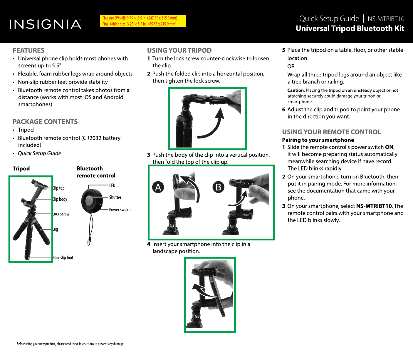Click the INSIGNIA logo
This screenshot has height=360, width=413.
(x=46, y=24)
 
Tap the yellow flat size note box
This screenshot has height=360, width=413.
(x=143, y=21)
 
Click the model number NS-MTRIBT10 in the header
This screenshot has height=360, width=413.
(x=386, y=19)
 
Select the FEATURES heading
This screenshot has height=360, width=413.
(x=28, y=50)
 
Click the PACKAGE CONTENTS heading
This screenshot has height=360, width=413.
(x=45, y=122)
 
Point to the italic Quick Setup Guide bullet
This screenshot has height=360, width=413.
(x=39, y=153)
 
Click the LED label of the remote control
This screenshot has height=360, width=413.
(x=112, y=185)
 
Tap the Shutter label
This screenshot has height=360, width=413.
(x=115, y=197)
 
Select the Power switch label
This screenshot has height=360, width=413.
(x=120, y=210)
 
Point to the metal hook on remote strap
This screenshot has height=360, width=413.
(x=89, y=242)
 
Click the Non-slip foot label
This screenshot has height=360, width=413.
(x=63, y=257)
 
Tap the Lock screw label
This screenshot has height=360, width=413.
(x=62, y=214)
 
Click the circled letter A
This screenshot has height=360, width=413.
(x=158, y=187)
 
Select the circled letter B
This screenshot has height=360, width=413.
(x=218, y=187)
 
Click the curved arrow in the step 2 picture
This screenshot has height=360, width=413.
(x=213, y=124)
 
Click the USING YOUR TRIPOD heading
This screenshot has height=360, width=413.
(x=179, y=50)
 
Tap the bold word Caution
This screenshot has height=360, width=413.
(x=296, y=90)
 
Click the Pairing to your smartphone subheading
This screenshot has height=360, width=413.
(x=318, y=140)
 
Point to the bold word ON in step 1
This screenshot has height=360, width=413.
(x=389, y=147)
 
